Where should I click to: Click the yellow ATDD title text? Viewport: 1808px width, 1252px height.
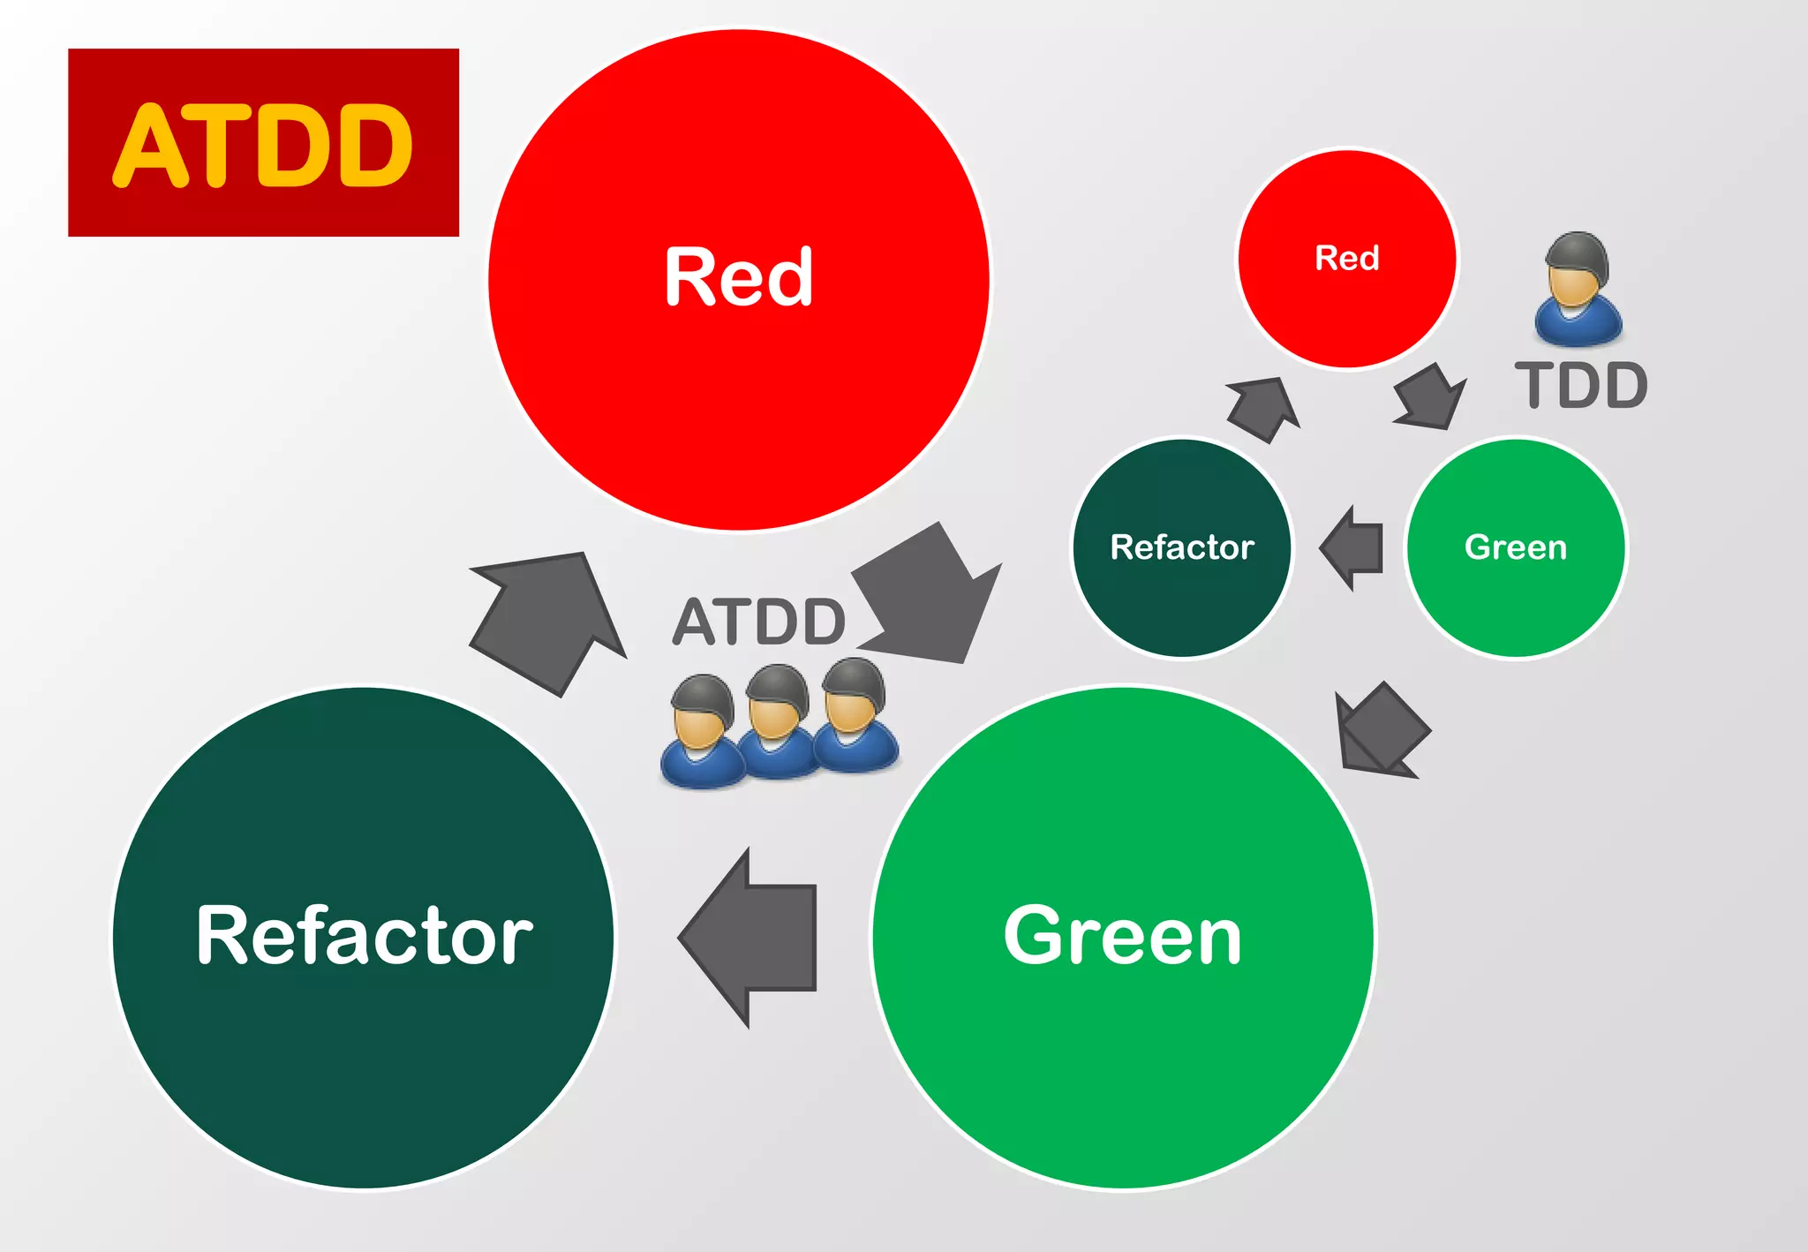[x=263, y=145]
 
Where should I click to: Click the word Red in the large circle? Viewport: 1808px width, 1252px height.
[x=738, y=277]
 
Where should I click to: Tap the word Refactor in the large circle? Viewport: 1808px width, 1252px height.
[x=364, y=936]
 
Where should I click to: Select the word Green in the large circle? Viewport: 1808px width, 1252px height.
[x=1123, y=936]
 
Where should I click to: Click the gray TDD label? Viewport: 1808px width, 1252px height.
[x=1581, y=386]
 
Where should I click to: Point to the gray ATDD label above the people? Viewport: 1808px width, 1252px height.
[x=759, y=622]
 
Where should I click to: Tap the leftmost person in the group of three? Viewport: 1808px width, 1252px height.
[x=702, y=733]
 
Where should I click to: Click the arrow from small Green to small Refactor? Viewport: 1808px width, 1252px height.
[x=1353, y=547]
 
